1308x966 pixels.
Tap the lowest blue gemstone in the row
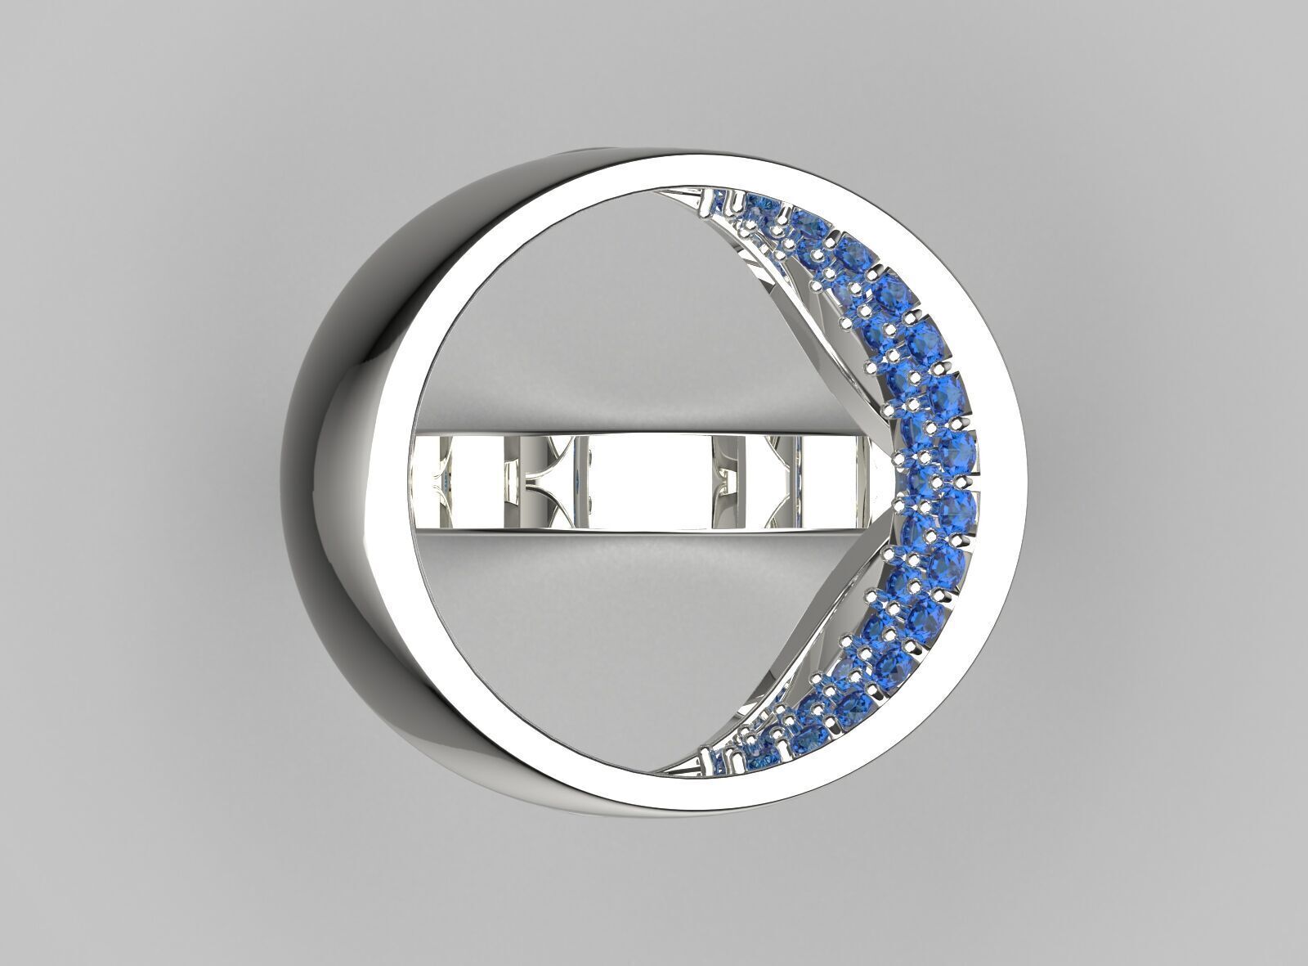(x=723, y=767)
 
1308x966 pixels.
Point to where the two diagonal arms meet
(x=887, y=483)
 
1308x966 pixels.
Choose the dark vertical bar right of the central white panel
(x=723, y=483)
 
